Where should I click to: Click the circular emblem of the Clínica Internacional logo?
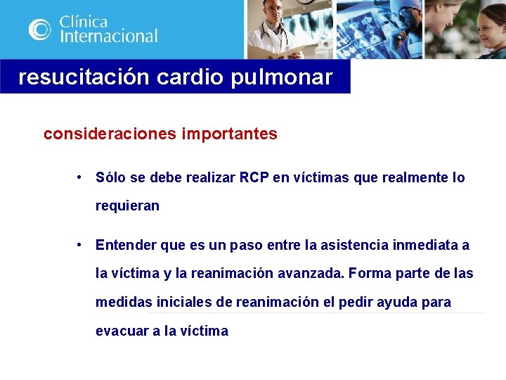tap(40, 29)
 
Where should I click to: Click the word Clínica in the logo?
tap(84, 20)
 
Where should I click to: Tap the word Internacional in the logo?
tap(108, 36)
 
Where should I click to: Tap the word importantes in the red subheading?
tap(231, 134)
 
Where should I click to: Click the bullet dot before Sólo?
tap(82, 177)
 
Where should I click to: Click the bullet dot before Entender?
tap(82, 245)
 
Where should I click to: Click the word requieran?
tap(127, 206)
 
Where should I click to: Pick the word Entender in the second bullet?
tap(126, 246)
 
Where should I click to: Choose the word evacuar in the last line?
tap(122, 331)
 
